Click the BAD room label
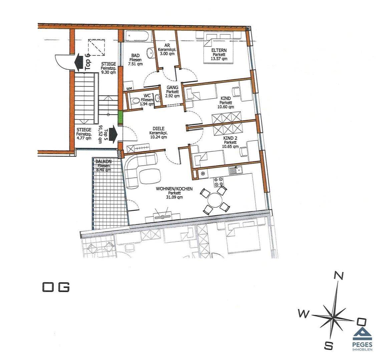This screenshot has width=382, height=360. pos(135,56)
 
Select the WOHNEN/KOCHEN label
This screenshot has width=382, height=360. pos(174,189)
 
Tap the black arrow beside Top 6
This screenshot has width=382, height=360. pos(79,63)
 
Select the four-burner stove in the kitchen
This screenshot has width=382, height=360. pos(218,181)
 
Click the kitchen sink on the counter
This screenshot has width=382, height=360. pos(235,170)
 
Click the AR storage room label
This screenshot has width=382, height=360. pos(167,45)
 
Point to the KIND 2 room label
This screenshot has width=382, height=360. pos(230,138)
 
